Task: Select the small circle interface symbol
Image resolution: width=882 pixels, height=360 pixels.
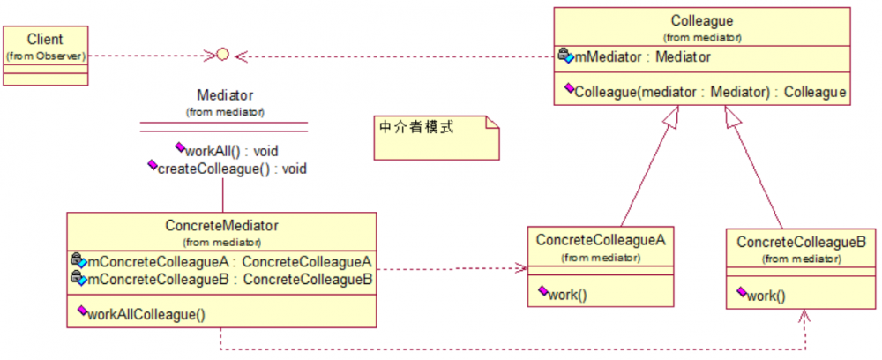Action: click(x=222, y=56)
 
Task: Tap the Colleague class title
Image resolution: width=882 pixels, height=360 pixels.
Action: click(x=701, y=21)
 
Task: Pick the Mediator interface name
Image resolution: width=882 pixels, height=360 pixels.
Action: click(x=226, y=94)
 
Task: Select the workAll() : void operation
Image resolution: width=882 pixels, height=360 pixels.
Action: click(x=232, y=150)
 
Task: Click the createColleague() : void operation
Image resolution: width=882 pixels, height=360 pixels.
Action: click(x=231, y=168)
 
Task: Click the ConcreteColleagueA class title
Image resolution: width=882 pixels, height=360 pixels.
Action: click(x=600, y=239)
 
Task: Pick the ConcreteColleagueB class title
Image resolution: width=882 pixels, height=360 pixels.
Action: click(x=800, y=241)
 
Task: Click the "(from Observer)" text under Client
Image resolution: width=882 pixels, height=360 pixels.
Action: click(x=45, y=56)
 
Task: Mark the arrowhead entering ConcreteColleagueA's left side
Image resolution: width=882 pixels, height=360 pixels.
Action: click(x=521, y=268)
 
